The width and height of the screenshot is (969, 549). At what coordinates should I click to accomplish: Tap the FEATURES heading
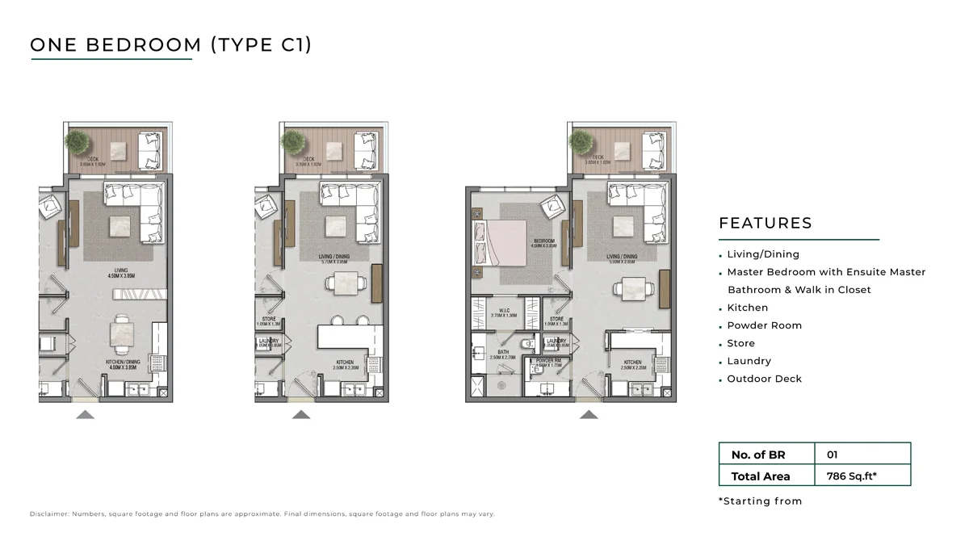pyautogui.click(x=765, y=224)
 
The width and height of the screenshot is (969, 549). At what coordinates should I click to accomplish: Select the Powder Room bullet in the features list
pyautogui.click(x=764, y=325)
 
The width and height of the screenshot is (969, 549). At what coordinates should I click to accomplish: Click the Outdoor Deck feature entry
pyautogui.click(x=764, y=379)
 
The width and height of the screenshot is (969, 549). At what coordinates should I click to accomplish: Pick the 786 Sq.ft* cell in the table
pyautogui.click(x=852, y=476)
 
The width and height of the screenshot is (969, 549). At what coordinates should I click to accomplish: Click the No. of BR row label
pyautogui.click(x=757, y=455)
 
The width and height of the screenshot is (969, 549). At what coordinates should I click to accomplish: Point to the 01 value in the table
pyautogui.click(x=833, y=455)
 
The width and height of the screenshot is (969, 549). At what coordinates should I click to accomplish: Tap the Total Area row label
pyautogui.click(x=761, y=476)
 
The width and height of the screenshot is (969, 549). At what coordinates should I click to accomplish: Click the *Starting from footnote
pyautogui.click(x=760, y=501)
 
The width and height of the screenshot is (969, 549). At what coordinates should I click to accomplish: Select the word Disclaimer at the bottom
pyautogui.click(x=50, y=514)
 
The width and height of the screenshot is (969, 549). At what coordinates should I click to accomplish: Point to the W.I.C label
pyautogui.click(x=503, y=312)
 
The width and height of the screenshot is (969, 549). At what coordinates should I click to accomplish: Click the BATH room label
pyautogui.click(x=502, y=353)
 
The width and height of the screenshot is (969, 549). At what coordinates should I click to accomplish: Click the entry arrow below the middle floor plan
pyautogui.click(x=301, y=415)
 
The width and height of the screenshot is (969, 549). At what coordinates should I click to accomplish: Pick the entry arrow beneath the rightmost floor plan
pyautogui.click(x=589, y=415)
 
